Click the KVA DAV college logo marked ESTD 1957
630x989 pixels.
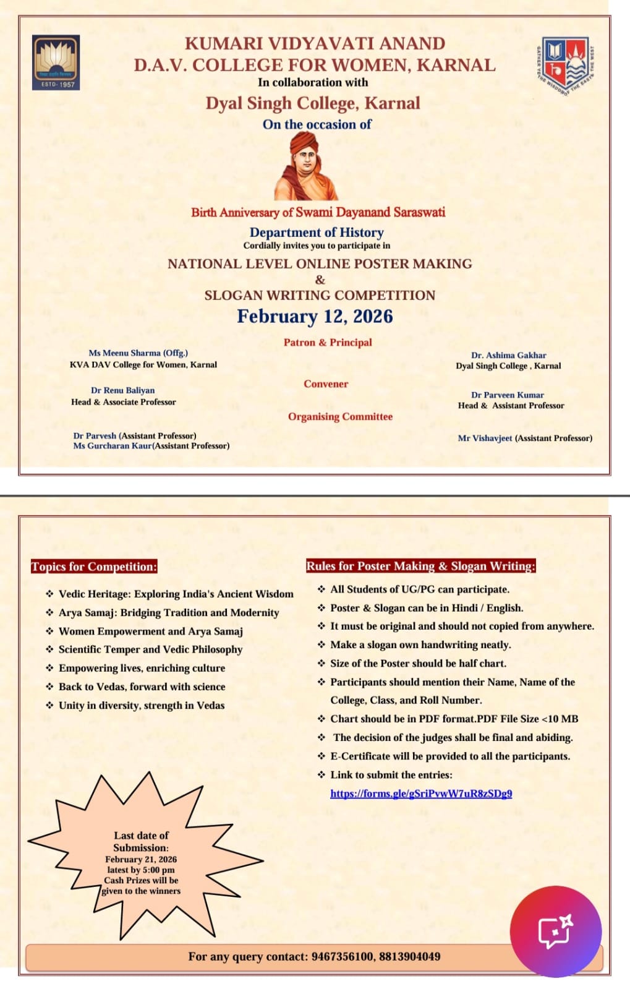click(x=56, y=62)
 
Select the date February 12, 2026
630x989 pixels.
click(x=315, y=316)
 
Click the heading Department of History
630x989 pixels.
click(x=317, y=233)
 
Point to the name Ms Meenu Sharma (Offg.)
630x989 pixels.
click(x=138, y=353)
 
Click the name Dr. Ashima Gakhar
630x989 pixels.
click(x=508, y=356)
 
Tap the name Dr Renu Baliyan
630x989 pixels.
click(x=122, y=390)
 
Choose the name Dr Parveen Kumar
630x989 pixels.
click(x=507, y=395)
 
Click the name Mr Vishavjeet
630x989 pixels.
click(x=485, y=438)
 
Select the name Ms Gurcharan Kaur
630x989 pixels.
click(x=112, y=446)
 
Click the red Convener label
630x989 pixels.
click(x=326, y=384)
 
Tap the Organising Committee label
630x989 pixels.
click(x=340, y=417)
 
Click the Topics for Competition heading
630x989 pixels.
click(x=94, y=567)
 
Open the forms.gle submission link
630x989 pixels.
click(x=420, y=794)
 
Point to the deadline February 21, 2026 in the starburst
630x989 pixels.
click(x=141, y=860)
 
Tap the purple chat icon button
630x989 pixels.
click(x=555, y=931)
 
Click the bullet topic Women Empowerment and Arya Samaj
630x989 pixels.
click(x=150, y=632)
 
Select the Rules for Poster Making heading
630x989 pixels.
click(x=420, y=566)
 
